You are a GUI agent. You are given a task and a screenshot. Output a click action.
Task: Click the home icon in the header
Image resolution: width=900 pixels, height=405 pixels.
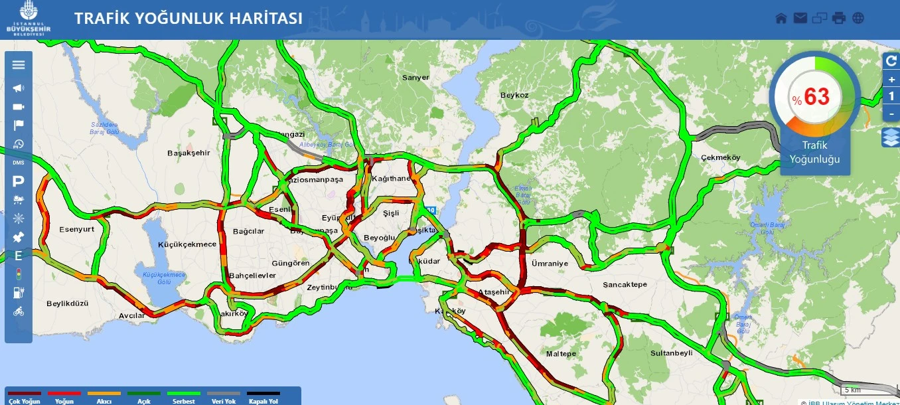[781, 18]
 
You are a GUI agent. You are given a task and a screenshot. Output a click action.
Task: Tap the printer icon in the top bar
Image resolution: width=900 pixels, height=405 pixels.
[839, 18]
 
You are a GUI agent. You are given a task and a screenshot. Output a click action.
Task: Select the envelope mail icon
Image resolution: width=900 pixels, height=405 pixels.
[800, 18]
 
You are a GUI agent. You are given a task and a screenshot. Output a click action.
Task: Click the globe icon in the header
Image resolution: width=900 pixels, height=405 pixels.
[858, 18]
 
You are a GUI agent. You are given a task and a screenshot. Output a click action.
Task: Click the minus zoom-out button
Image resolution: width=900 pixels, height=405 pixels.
[891, 114]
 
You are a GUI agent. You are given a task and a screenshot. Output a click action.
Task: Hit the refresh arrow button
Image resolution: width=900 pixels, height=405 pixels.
[891, 61]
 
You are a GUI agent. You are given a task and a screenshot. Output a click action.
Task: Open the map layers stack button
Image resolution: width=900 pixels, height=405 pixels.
[891, 137]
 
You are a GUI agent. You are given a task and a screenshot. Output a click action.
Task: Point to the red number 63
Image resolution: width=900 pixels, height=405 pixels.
[817, 97]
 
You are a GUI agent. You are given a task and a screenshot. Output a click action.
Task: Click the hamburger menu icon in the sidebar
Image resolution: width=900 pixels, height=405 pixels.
[19, 64]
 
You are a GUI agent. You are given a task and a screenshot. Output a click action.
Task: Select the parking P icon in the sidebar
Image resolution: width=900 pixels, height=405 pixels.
[19, 181]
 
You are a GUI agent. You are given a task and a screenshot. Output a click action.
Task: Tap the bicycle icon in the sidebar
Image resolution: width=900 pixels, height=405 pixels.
[19, 311]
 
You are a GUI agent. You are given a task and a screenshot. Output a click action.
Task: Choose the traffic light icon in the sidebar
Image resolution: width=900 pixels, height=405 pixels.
[19, 274]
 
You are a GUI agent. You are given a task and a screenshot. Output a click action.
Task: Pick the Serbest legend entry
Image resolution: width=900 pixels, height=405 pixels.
[183, 398]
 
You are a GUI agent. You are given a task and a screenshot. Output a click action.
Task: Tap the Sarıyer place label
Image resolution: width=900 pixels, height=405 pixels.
[415, 78]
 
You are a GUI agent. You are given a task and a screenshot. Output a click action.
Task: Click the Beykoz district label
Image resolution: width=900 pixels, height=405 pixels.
[514, 95]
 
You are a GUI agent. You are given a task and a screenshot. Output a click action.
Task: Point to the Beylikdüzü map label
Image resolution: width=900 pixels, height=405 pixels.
[67, 303]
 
